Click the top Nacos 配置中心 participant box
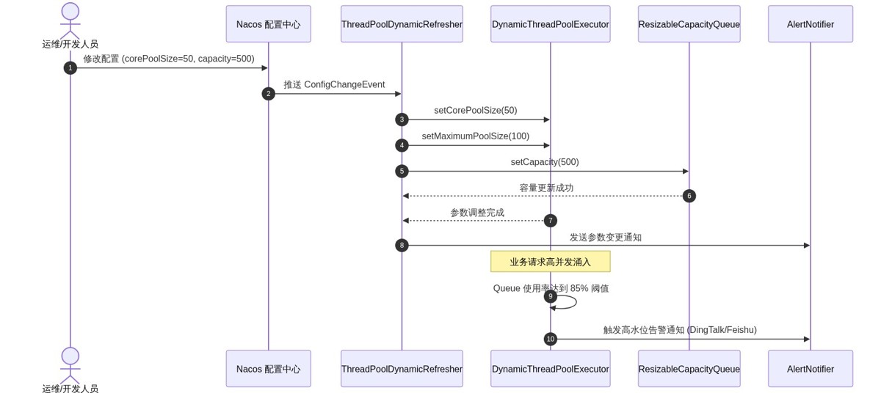pos(268,24)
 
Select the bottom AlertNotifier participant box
pos(811,369)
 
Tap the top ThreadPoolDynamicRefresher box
pos(402,24)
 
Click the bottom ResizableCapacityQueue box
pos(689,369)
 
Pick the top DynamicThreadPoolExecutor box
pos(550,24)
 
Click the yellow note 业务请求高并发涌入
pos(550,262)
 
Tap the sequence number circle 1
pos(70,68)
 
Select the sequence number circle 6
pos(689,196)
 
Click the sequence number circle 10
pos(550,339)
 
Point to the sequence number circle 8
pos(402,246)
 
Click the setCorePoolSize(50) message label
pos(476,110)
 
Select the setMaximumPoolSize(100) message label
pos(476,136)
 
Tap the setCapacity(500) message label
pos(545,162)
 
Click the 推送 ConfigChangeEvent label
pos(334,84)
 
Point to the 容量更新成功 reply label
pos(546,188)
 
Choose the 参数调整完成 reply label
pos(477,213)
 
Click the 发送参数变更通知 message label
pos(605,237)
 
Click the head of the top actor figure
pos(70,11)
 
